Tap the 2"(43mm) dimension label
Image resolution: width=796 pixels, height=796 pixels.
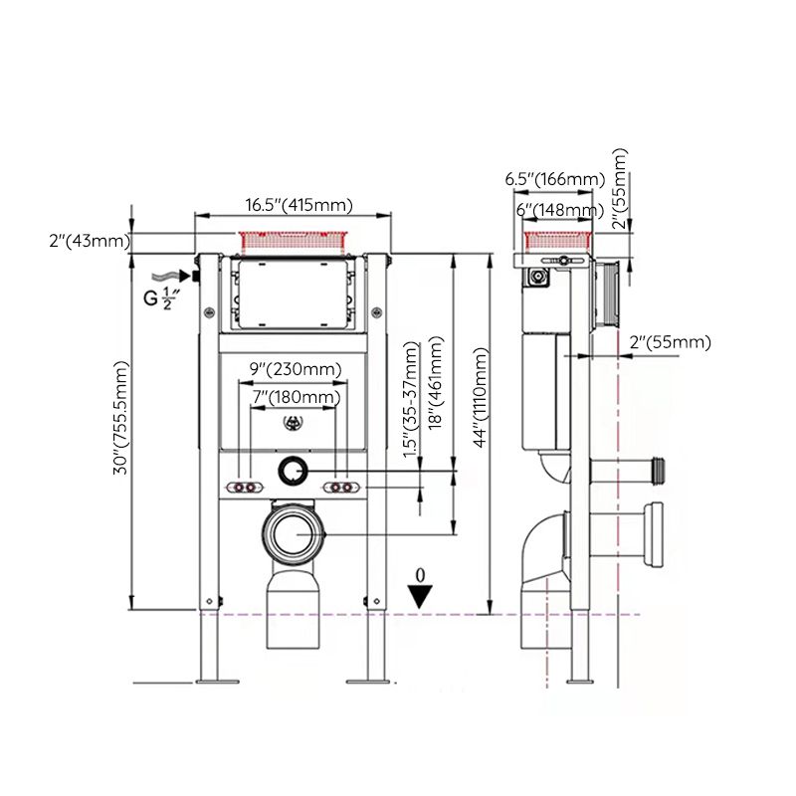tap(88, 241)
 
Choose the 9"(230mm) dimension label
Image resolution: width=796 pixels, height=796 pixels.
tap(295, 369)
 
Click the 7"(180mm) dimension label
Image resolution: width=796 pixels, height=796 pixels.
tap(295, 397)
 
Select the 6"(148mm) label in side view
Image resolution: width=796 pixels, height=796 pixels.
tap(558, 209)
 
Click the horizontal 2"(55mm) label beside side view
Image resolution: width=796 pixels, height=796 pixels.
tap(671, 342)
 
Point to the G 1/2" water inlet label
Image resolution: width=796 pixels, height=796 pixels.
tap(159, 298)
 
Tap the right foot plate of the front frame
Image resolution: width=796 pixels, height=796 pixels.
tap(366, 681)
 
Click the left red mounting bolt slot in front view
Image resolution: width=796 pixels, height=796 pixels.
tap(245, 488)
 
